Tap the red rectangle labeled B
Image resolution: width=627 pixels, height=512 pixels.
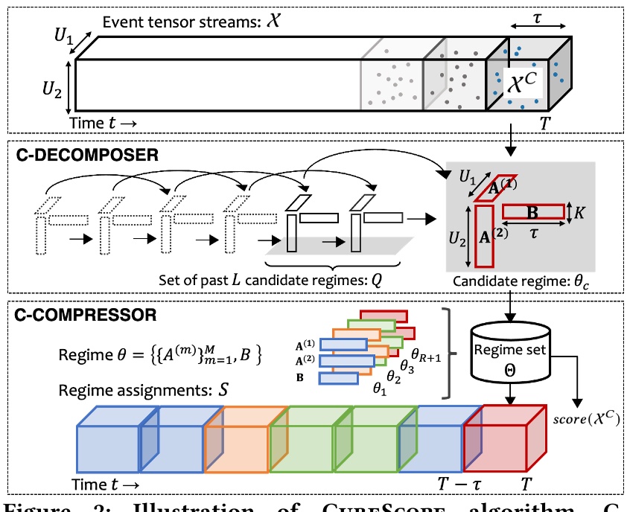click(532, 212)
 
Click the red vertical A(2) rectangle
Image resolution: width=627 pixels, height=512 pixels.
click(483, 236)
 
